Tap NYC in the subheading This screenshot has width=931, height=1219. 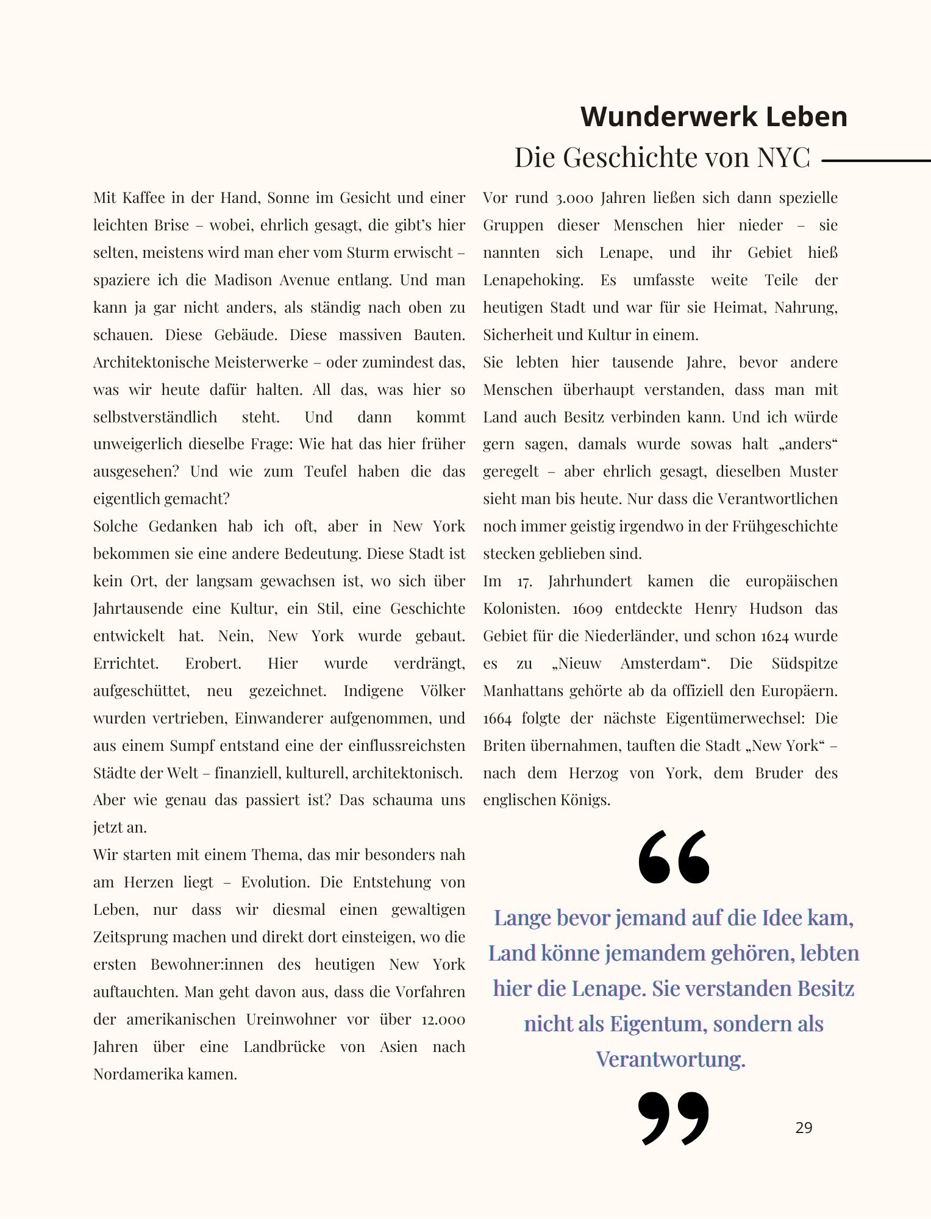[x=783, y=158]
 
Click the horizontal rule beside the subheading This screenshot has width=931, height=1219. [x=876, y=161]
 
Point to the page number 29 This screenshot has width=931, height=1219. [x=804, y=1128]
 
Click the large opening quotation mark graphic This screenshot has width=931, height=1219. [x=674, y=856]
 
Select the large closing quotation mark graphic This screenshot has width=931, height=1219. [x=674, y=1117]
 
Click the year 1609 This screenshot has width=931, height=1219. [x=588, y=609]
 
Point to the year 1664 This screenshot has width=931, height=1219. [x=497, y=719]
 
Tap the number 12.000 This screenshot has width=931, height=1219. [x=443, y=1020]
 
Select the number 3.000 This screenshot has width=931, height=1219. [x=573, y=198]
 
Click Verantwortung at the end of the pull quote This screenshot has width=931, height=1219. [x=671, y=1059]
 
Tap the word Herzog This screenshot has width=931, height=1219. [x=593, y=773]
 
